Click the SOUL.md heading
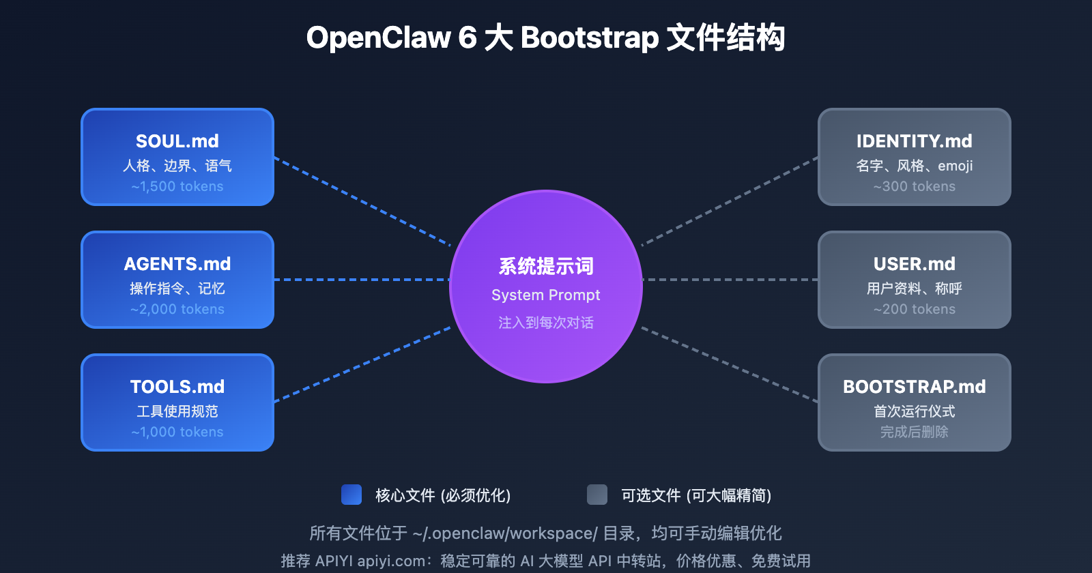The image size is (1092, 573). (177, 141)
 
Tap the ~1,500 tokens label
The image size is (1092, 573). (177, 186)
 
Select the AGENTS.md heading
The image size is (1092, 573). (177, 264)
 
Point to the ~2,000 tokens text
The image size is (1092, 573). (177, 309)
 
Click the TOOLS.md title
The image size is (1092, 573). (177, 387)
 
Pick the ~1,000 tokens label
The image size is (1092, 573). (177, 432)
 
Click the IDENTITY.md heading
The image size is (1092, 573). (915, 141)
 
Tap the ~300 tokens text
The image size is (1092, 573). (915, 186)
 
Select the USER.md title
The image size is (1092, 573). (915, 264)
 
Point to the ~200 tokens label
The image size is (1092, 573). (915, 309)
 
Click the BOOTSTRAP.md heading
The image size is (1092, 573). (915, 387)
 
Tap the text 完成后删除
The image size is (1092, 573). (915, 432)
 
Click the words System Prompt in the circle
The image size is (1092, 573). (546, 295)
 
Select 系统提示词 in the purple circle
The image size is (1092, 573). (546, 266)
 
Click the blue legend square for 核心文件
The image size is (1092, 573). (351, 495)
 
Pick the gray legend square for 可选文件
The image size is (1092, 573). (597, 495)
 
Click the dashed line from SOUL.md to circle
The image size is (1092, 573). (362, 201)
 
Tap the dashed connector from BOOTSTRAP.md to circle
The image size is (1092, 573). (730, 365)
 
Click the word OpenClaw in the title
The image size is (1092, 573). (379, 38)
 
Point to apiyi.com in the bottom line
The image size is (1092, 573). (391, 561)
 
